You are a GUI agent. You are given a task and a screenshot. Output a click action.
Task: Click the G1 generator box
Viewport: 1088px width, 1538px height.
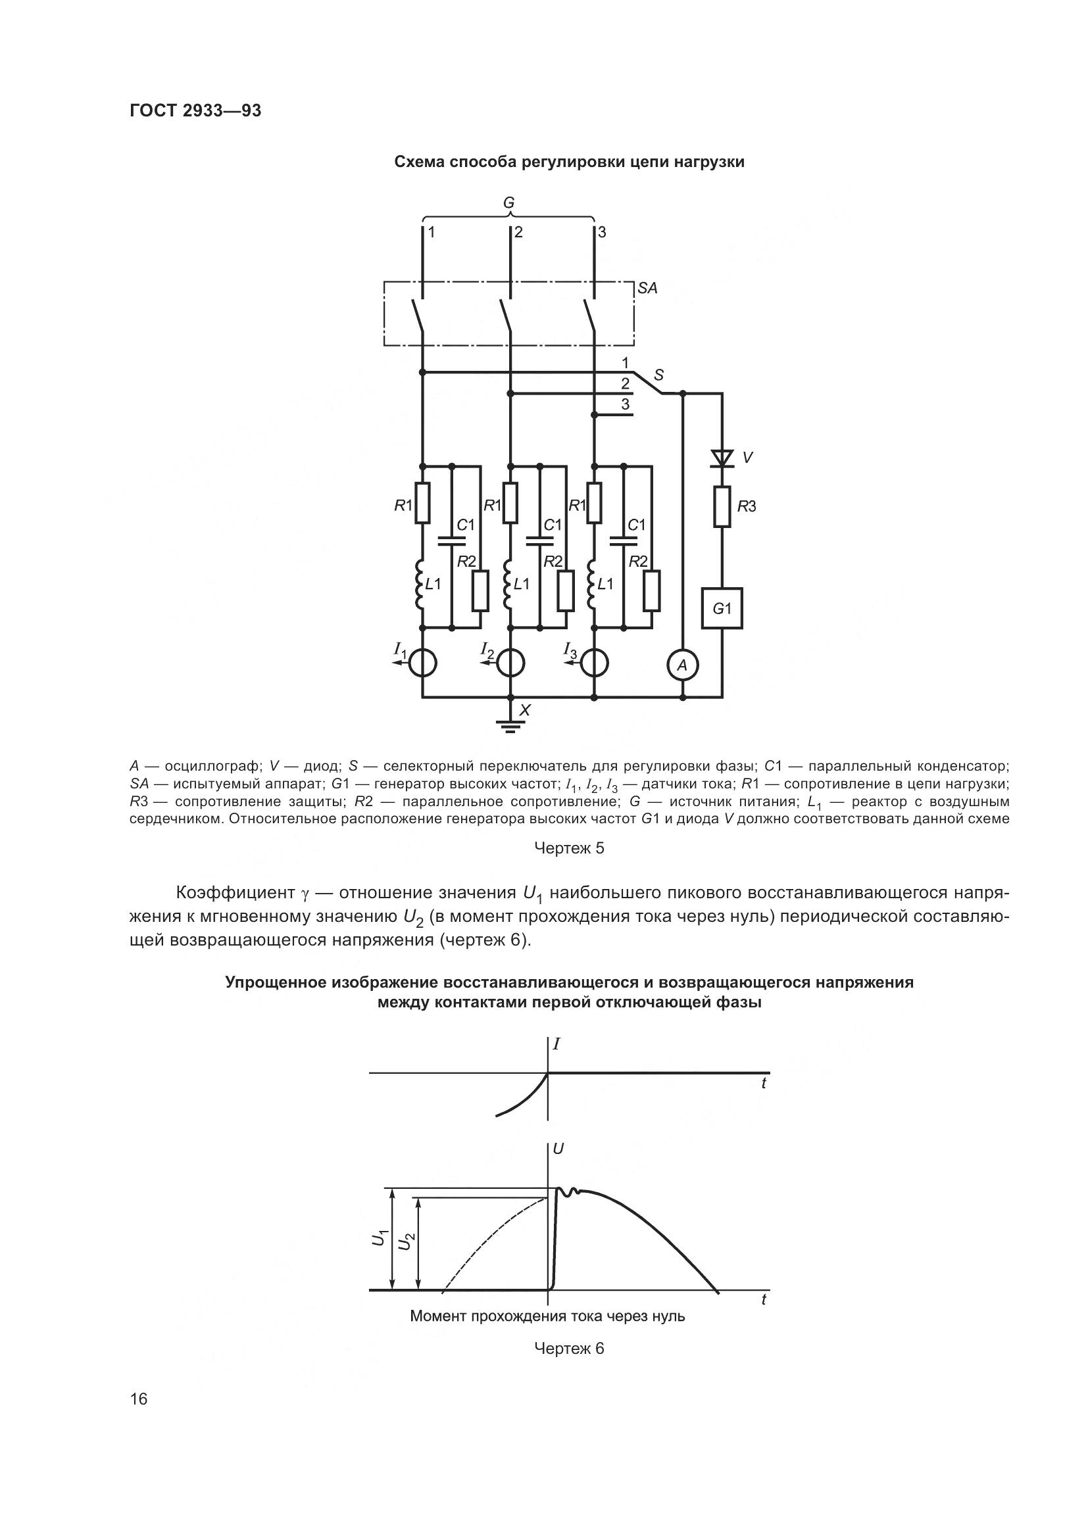point(722,609)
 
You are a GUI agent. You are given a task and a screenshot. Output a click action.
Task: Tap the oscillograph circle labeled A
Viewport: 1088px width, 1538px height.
point(682,665)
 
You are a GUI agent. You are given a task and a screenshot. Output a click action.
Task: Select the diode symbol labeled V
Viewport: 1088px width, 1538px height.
point(722,458)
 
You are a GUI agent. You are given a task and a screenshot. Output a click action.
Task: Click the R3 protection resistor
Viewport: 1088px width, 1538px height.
point(722,506)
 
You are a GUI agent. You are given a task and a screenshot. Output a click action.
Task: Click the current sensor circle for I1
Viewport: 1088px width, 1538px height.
point(423,664)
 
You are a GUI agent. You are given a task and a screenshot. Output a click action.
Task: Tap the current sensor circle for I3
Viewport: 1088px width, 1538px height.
point(594,664)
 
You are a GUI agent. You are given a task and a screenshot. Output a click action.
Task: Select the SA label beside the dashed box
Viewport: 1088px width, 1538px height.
point(647,288)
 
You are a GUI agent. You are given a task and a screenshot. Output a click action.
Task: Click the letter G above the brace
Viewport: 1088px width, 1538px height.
point(509,203)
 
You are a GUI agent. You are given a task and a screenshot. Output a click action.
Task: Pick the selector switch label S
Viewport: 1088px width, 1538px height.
point(658,374)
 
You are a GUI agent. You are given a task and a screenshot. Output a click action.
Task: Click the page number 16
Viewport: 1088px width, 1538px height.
point(139,1399)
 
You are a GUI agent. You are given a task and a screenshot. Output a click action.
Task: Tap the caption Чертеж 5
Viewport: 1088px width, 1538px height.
point(569,848)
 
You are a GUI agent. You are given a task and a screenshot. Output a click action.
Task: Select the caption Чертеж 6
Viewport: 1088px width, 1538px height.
point(569,1348)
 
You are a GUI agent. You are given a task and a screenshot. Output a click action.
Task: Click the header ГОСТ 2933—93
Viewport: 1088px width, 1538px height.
point(195,110)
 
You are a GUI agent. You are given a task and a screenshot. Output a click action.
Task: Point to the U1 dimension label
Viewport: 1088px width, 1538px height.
point(379,1239)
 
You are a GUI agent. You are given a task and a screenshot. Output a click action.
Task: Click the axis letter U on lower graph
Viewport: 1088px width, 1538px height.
point(558,1148)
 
